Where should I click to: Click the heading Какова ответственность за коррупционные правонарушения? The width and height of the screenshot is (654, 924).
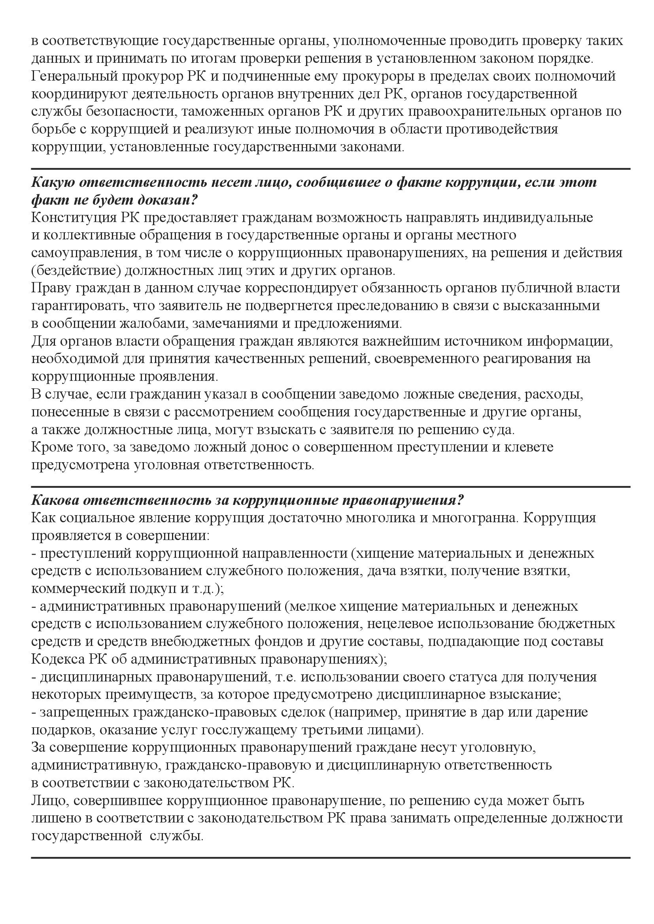[x=248, y=500]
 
